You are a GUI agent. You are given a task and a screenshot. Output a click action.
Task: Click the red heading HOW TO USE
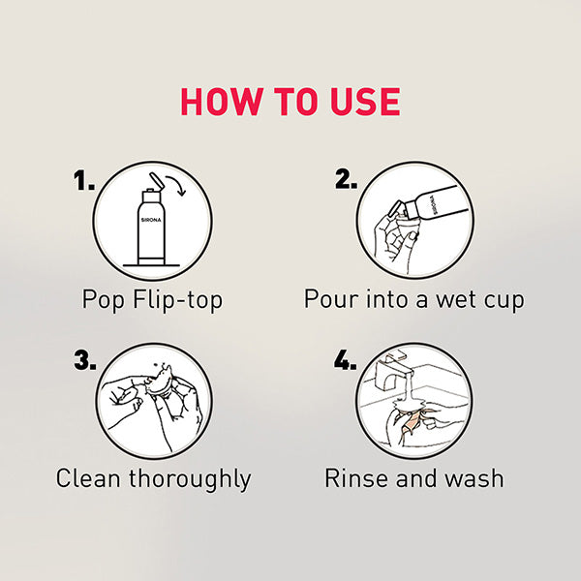tap(290, 103)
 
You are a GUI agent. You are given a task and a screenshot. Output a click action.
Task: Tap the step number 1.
tap(86, 180)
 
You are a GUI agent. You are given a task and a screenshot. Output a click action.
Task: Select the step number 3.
tap(86, 360)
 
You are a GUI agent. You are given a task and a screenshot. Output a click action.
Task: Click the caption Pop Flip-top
tap(152, 299)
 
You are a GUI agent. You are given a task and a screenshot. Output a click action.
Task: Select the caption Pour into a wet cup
tap(413, 299)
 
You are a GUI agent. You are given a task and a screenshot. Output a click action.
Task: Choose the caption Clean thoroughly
tap(153, 478)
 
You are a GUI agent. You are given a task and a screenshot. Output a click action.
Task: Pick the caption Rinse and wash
tap(413, 478)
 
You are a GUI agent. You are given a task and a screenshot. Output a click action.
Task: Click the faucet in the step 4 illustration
tap(393, 374)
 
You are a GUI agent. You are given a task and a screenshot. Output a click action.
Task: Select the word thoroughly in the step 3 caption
tap(191, 478)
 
